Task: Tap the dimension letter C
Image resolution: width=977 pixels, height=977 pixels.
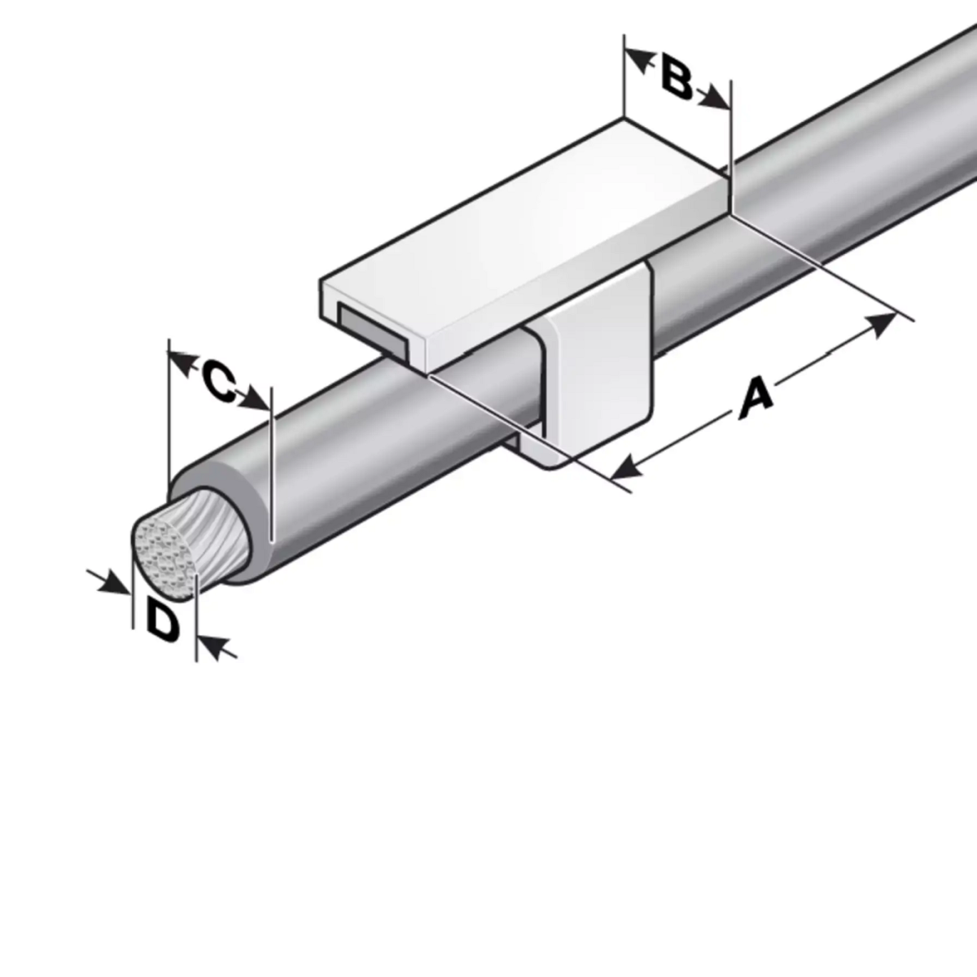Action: coord(220,381)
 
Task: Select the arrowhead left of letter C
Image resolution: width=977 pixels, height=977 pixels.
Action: coord(182,362)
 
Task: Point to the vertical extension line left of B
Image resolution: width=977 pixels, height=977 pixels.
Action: coord(624,76)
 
